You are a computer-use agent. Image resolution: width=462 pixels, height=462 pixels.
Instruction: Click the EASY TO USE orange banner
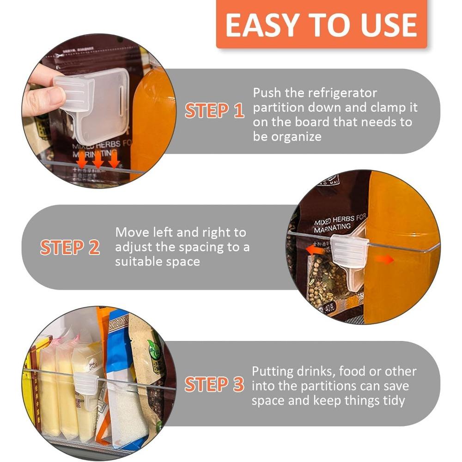321,24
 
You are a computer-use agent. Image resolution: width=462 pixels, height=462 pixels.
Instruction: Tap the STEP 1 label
214,111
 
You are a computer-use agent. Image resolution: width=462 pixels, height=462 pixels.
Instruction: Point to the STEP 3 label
214,384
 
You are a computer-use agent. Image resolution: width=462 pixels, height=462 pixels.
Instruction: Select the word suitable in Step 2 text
137,261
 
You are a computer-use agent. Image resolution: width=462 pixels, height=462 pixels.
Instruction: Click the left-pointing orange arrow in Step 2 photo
316,250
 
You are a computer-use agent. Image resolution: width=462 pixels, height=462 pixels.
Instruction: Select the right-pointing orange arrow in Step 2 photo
383,260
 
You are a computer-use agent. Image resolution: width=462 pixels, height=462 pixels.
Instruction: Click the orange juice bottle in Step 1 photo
152,115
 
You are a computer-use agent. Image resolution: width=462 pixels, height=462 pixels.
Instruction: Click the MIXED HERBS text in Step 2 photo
340,222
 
